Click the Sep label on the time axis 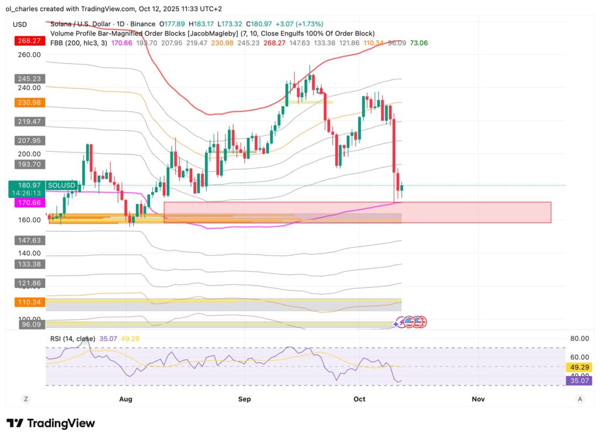[244, 399]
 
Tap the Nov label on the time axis [478, 399]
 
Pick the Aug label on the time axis [125, 399]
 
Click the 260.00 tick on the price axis [29, 54]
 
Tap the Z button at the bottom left [26, 399]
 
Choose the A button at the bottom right [579, 399]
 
